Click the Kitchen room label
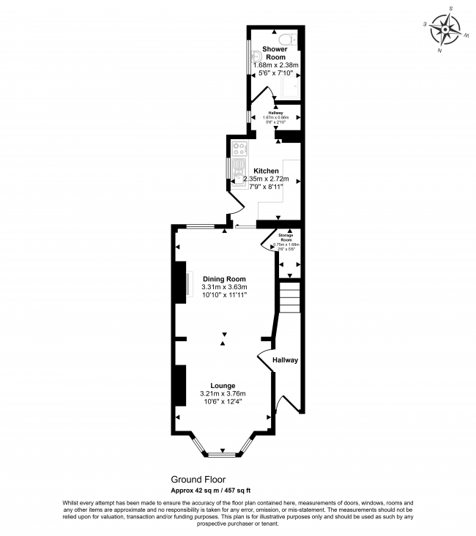pyautogui.click(x=266, y=171)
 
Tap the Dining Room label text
pyautogui.click(x=224, y=279)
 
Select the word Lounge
pyautogui.click(x=222, y=385)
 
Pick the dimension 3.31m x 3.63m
pyautogui.click(x=224, y=287)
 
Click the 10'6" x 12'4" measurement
pyautogui.click(x=222, y=401)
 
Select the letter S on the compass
pyautogui.click(x=451, y=9)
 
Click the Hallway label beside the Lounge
pyautogui.click(x=286, y=360)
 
